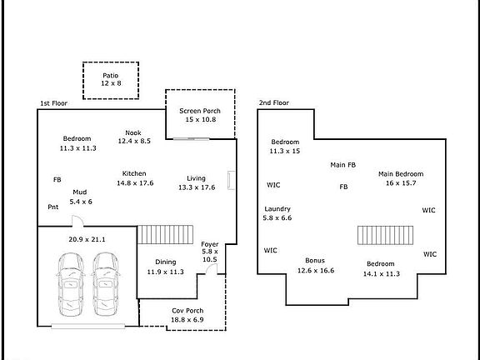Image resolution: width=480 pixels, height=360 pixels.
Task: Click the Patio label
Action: coord(111,75)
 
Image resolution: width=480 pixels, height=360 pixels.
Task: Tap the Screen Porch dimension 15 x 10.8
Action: coord(201,119)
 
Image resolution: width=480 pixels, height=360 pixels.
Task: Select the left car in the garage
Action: coord(71,284)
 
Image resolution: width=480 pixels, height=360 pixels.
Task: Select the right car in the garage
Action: coord(106,284)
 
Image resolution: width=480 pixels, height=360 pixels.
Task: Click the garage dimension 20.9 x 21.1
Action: coord(87,239)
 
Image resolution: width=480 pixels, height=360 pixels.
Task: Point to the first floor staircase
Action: coord(165,235)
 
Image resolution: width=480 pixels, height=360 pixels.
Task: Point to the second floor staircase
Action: coord(385,235)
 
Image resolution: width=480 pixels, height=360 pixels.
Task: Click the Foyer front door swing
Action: coord(211,269)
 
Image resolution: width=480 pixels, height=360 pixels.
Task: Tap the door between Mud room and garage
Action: coord(77,221)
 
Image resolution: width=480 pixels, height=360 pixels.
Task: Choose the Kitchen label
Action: coord(134,173)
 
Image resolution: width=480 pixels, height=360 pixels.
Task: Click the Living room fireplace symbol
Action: coord(231,180)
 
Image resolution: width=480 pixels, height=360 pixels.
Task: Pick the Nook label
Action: coord(133,132)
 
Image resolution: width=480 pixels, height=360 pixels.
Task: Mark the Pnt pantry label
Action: coord(53,207)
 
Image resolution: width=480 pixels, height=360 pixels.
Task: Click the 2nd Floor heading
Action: coord(273,102)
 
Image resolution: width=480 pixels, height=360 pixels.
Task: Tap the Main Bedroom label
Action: coord(401,174)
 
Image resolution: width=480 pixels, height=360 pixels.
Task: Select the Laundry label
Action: coord(277,209)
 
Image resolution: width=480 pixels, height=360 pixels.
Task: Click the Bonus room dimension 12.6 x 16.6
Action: coord(316,270)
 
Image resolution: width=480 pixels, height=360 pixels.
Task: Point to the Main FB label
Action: coord(342,165)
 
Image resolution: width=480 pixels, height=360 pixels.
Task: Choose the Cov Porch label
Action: coord(187,310)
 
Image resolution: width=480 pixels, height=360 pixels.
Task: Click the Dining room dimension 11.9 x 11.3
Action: coord(165,272)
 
